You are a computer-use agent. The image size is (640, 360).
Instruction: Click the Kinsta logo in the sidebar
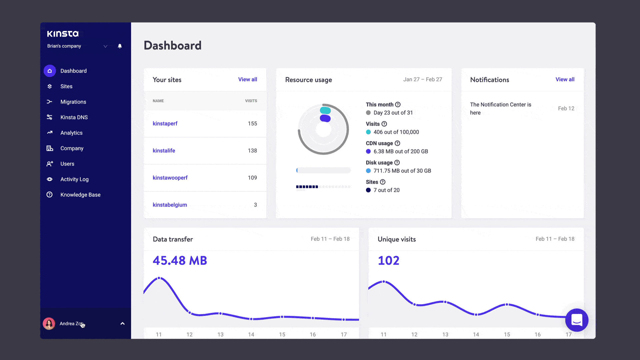(x=63, y=34)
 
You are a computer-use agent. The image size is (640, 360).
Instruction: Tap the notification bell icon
(x=120, y=46)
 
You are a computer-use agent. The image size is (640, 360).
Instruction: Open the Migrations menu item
(x=73, y=102)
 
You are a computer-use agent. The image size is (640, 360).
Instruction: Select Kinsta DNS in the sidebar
(x=74, y=117)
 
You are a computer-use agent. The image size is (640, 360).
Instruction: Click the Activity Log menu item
(x=74, y=179)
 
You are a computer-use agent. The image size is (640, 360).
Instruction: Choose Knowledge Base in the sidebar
(x=80, y=195)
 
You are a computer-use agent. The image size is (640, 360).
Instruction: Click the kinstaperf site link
(x=165, y=123)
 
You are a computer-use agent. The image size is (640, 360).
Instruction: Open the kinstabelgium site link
(x=170, y=205)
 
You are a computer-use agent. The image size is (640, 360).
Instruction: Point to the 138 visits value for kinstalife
(x=252, y=151)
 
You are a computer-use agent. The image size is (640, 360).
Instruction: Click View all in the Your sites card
(x=247, y=79)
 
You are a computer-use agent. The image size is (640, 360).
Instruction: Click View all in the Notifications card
(x=565, y=79)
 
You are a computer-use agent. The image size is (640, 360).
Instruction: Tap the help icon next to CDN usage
(x=397, y=143)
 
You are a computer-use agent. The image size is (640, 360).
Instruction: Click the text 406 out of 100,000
(x=396, y=132)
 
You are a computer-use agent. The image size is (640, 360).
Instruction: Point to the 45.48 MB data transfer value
(x=180, y=260)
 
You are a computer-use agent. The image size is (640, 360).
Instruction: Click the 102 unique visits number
(x=388, y=260)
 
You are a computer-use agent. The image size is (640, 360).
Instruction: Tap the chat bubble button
(x=577, y=320)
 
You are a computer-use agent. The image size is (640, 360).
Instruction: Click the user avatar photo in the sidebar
(x=49, y=324)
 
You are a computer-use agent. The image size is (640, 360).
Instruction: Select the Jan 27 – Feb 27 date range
(x=422, y=79)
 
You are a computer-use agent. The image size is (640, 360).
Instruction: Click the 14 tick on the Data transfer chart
(x=251, y=334)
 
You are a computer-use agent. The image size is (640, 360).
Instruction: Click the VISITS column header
(x=251, y=101)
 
